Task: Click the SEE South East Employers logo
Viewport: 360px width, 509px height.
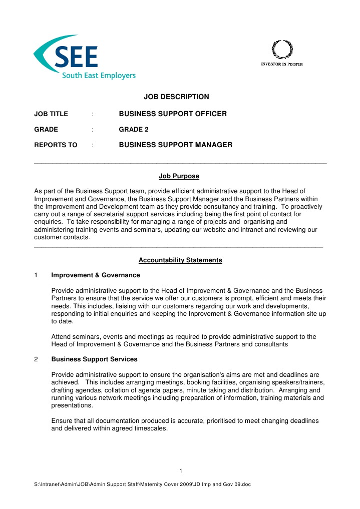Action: [84, 57]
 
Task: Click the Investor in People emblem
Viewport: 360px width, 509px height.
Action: [281, 54]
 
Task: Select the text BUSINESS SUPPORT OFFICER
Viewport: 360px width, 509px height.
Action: [173, 114]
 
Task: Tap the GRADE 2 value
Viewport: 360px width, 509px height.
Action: [134, 130]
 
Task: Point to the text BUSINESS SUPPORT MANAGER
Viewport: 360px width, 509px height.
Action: [175, 145]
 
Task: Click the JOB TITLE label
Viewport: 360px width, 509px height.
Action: [51, 114]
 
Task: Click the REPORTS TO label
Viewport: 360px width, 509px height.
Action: [56, 145]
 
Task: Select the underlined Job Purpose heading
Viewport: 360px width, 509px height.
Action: [179, 176]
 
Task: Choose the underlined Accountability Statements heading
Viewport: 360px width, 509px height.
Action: [180, 260]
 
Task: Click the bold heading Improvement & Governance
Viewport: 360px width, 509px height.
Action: [96, 275]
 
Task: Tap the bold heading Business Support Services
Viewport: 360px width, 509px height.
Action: [95, 359]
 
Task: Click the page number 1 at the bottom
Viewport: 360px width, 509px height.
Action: [180, 470]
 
